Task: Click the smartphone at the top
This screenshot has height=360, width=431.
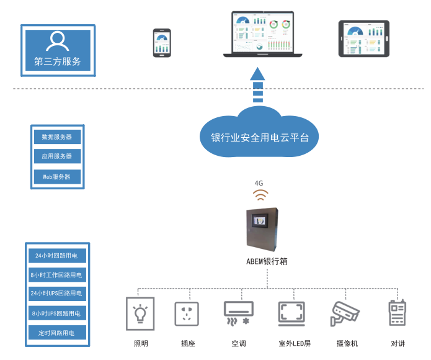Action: [162, 43]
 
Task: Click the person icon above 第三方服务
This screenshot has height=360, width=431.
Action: [58, 41]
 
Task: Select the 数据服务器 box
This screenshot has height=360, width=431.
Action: [57, 137]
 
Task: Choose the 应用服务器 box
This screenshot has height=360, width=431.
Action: [57, 156]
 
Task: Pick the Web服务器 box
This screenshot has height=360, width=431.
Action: [57, 177]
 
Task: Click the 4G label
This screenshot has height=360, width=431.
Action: [259, 183]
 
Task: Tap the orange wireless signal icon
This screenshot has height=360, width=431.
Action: [260, 196]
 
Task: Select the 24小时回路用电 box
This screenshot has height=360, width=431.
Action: [56, 255]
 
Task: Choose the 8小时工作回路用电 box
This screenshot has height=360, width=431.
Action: [56, 274]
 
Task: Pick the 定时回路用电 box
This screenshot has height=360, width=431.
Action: [56, 333]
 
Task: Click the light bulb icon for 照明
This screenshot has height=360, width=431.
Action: [141, 315]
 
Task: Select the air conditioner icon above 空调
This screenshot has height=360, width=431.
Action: [239, 314]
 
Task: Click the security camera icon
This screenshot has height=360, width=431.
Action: [345, 314]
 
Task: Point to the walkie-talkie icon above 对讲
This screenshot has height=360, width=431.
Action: [397, 313]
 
